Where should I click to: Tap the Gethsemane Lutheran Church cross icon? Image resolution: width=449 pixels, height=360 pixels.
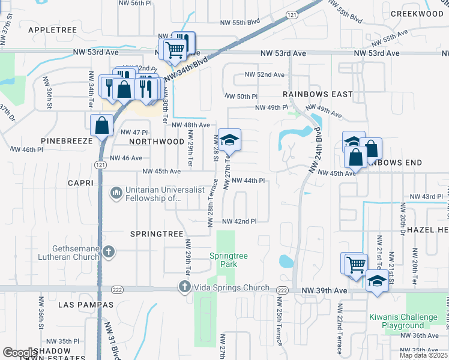pos(109,251)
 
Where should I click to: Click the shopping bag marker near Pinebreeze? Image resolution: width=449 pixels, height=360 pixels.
pos(101,126)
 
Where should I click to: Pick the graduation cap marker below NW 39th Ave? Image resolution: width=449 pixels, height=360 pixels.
pos(376,281)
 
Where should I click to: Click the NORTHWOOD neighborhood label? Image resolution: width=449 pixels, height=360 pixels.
pos(157,142)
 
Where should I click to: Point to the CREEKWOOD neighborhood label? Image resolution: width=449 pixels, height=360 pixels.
pos(416,14)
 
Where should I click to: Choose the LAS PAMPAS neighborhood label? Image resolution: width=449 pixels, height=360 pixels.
pos(86,305)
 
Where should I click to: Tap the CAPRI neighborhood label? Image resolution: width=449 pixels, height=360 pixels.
pos(80,182)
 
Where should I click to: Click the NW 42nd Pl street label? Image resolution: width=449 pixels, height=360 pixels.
pos(240,221)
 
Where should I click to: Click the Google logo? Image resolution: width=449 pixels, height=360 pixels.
pos(20,352)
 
